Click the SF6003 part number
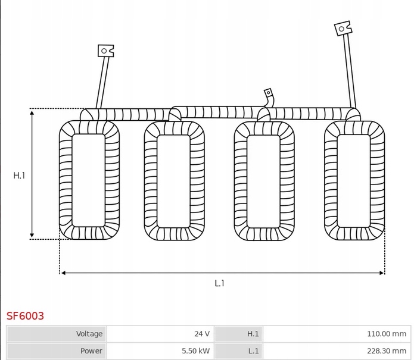point(25,315)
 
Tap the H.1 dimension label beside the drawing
point(20,175)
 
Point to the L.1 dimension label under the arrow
point(219,283)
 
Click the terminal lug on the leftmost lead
point(106,51)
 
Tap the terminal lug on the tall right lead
point(343,28)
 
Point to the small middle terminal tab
point(268,93)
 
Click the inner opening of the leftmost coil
point(89,180)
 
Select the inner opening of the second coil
point(174,181)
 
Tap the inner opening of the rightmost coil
point(354,180)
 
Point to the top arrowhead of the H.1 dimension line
point(32,112)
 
